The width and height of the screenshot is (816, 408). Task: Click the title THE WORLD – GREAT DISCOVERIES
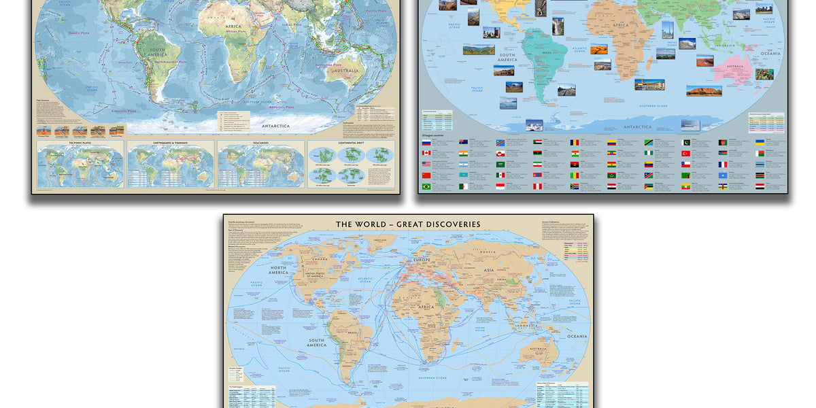pyautogui.click(x=408, y=224)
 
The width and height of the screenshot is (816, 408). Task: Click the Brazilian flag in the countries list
pyautogui.click(x=426, y=186)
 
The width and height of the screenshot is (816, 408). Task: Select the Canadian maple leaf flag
pyautogui.click(x=426, y=153)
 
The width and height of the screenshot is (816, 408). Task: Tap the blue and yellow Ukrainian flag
pyautogui.click(x=760, y=142)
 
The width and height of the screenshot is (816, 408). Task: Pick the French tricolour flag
pyautogui.click(x=723, y=164)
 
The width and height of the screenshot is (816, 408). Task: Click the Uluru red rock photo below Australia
pyautogui.click(x=703, y=90)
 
